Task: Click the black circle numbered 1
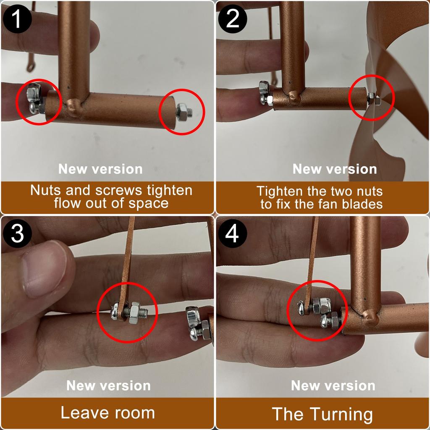click(17, 19)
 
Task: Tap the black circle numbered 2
click(233, 19)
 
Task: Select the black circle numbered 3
click(17, 233)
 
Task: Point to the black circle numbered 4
click(233, 233)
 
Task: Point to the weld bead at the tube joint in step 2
click(294, 97)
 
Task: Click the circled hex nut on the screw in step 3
click(136, 312)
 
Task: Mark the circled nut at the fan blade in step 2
click(372, 99)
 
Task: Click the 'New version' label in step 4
click(333, 385)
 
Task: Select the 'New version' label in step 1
click(100, 169)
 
